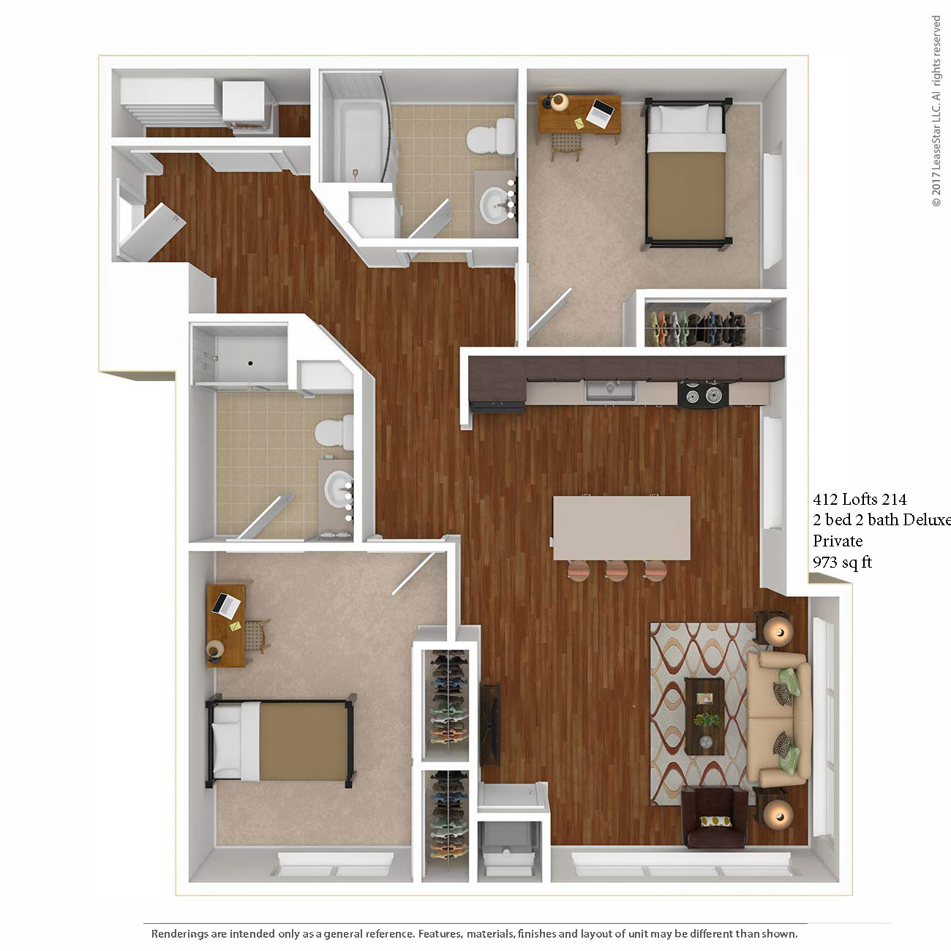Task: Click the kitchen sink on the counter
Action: click(611, 391)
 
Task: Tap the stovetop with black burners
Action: click(703, 394)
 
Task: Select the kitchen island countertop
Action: click(621, 527)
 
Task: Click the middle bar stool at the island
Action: click(617, 571)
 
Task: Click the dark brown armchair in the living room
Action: click(714, 819)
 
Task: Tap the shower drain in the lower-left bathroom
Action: click(251, 364)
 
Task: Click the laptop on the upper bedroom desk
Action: click(602, 113)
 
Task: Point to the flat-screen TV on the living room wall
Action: click(490, 724)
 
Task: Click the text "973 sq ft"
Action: click(842, 562)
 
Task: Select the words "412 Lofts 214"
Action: click(860, 499)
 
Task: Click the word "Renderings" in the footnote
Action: click(180, 933)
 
